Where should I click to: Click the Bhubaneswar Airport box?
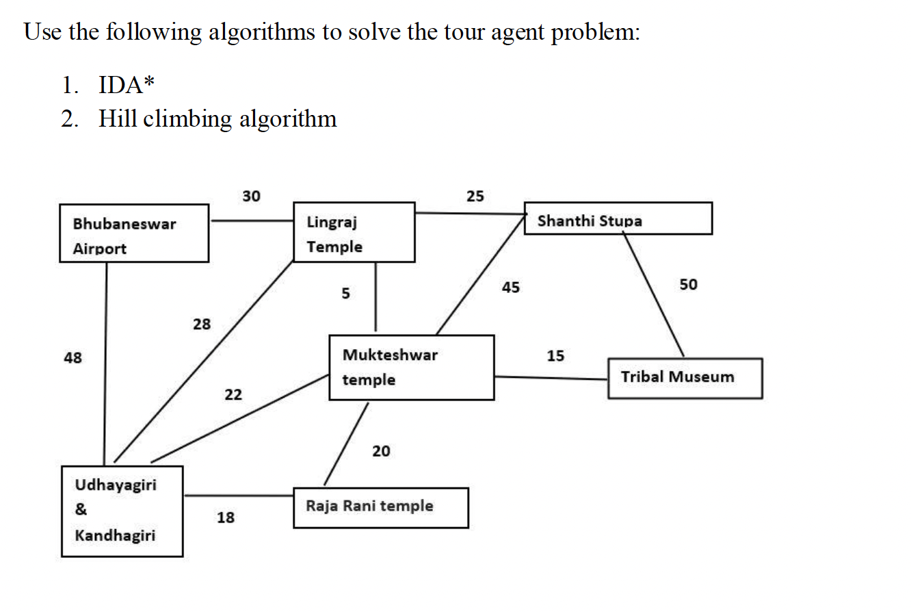coord(134,233)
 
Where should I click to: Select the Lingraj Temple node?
coord(354,232)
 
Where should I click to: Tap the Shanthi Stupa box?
coord(618,218)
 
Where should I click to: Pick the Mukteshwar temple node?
coord(411,367)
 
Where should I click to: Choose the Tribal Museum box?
coord(685,378)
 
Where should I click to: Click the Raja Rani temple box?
coord(381,507)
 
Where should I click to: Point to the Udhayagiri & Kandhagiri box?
coord(122,511)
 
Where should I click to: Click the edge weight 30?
coord(251,196)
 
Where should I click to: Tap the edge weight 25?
coord(475,196)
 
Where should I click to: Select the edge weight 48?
coord(72,357)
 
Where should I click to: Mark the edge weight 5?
coord(345,294)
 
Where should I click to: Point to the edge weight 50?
coord(689,285)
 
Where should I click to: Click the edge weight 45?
coord(510,288)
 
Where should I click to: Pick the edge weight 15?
coord(555,356)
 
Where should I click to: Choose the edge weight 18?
coord(225,518)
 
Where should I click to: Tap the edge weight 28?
coord(201,324)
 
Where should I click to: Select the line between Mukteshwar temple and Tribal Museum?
coord(551,377)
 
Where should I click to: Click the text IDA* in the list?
coord(127,86)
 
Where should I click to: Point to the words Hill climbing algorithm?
coord(217,119)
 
